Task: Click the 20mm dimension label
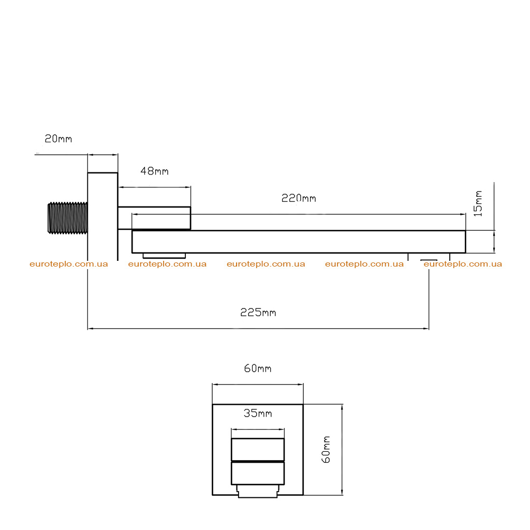pos(58,139)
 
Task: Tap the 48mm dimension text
pos(154,171)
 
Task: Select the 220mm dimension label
pos(299,198)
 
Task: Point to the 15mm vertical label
pos(478,203)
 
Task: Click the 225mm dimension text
pos(258,312)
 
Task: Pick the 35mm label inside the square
pos(258,413)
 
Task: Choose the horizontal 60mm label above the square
pos(258,368)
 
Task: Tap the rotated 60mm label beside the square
pos(326,450)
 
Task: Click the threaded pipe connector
pos(68,218)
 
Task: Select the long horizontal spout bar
pos(299,242)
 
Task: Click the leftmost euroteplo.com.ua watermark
pos(69,264)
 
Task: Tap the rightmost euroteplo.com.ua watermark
pos(463,264)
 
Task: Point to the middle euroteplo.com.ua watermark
pos(266,264)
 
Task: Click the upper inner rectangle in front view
pos(258,450)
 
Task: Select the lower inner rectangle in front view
pos(258,473)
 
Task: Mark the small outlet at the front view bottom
pos(258,491)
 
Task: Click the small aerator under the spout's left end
pos(164,256)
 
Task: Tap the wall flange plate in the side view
pos(103,216)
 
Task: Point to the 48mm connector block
pos(154,218)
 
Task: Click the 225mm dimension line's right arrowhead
pos(426,328)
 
